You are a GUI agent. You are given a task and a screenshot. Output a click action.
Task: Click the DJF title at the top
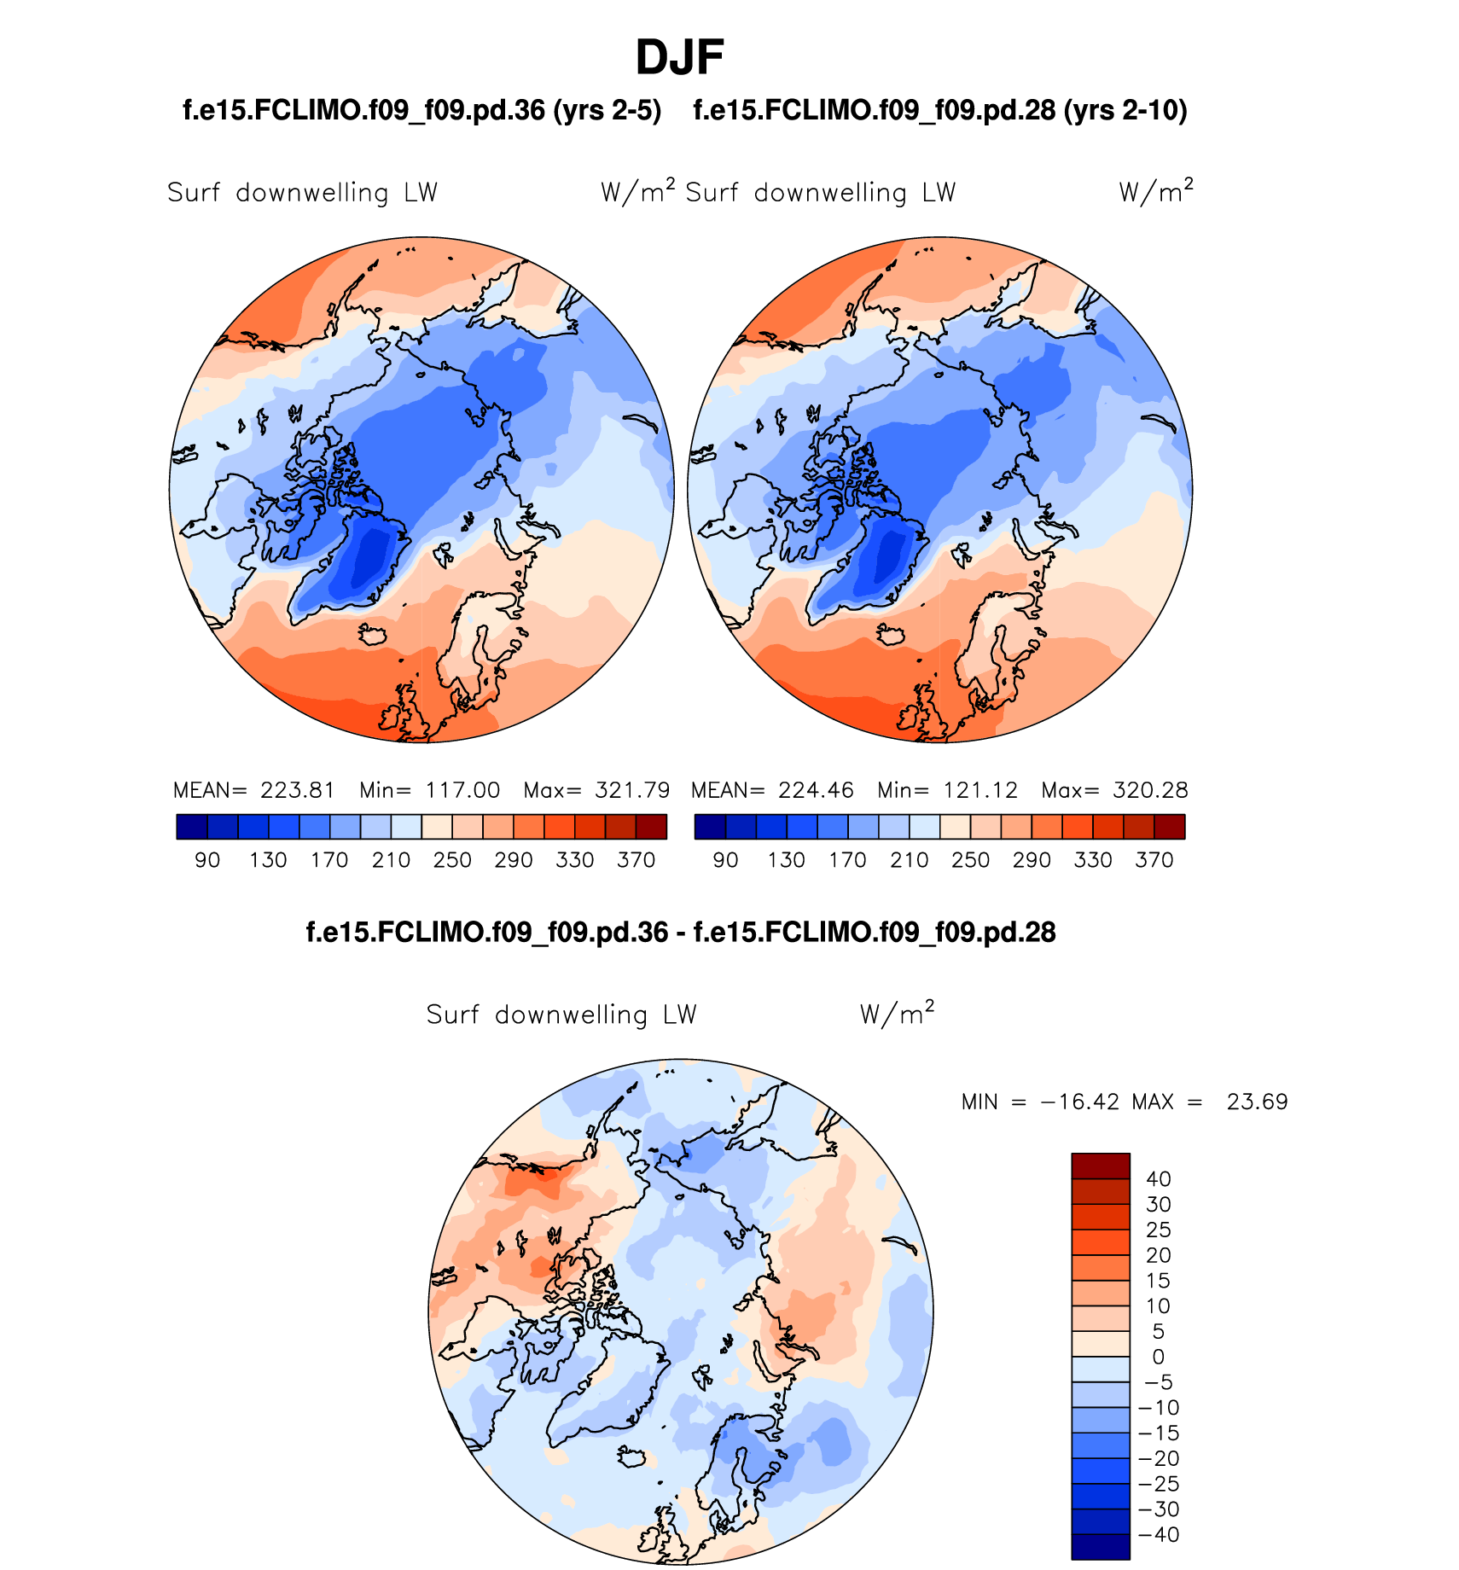coord(679,58)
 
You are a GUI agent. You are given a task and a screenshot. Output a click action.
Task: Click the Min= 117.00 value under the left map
coord(429,790)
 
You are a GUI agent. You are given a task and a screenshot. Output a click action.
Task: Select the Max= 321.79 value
coord(596,790)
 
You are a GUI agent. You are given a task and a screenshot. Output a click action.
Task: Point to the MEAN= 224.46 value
coord(772,790)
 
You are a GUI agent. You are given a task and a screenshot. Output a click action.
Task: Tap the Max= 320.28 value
coord(1114,790)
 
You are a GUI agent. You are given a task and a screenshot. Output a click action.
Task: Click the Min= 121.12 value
coord(947,790)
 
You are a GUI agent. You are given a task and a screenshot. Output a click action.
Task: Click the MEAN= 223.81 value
coord(254,790)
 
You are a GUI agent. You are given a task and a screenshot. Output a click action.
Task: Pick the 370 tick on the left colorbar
coord(636,860)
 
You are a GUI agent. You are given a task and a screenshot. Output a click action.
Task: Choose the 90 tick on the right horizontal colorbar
coord(725,860)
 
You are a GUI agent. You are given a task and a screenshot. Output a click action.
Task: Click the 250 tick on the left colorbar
coord(452,860)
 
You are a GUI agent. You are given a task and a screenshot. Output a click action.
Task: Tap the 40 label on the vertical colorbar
coord(1158,1179)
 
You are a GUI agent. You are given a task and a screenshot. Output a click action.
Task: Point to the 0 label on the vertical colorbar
coord(1158,1357)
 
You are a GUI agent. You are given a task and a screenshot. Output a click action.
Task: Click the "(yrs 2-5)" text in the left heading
coord(607,110)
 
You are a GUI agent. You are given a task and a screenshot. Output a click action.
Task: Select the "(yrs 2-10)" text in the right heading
coord(1125,110)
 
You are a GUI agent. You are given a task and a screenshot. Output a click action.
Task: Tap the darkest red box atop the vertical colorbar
coord(1101,1166)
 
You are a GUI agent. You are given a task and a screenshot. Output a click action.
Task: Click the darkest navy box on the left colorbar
coord(192,827)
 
